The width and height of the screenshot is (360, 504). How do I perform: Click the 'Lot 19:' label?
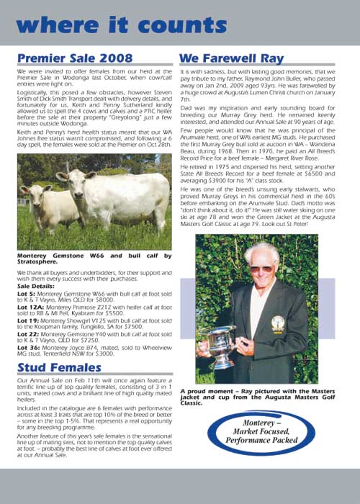coord(27,322)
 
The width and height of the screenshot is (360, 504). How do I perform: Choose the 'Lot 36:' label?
coord(27,354)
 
